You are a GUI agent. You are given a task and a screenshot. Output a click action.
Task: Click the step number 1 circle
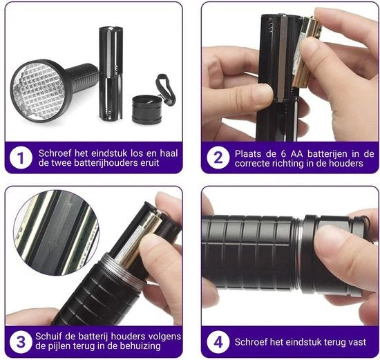tap(21, 158)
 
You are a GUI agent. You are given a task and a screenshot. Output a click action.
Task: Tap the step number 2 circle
tap(218, 158)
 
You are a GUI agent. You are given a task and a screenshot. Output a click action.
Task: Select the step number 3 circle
tap(21, 342)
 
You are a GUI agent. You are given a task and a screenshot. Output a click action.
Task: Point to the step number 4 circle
tap(218, 342)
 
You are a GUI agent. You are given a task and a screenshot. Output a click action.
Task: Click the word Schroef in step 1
tap(55, 153)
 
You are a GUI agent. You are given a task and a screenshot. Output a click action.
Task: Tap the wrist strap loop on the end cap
tap(167, 89)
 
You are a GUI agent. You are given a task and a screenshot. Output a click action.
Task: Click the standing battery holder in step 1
tap(111, 73)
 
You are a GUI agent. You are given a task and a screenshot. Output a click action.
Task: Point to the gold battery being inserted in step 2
tap(307, 52)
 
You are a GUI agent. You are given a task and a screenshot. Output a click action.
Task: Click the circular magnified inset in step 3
tap(56, 233)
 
